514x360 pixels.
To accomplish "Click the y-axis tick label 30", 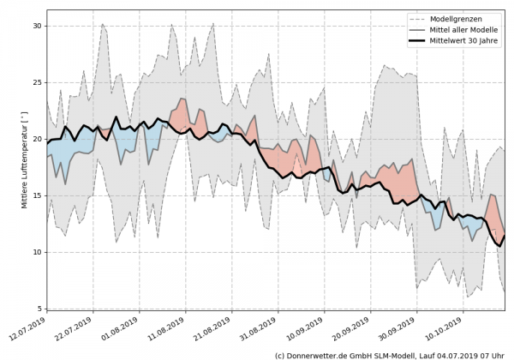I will [36, 26].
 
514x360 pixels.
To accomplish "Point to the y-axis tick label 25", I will [36, 82].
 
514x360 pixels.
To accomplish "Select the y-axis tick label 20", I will [36, 139].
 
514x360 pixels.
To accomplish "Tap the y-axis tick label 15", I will [36, 195].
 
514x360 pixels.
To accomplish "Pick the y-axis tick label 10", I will [36, 252].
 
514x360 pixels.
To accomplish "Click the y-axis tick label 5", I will [39, 309].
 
